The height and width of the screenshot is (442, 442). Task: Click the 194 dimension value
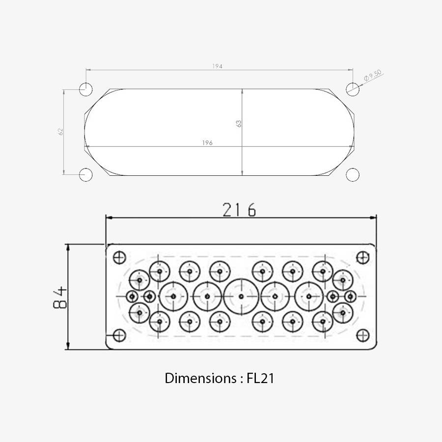[x=218, y=66]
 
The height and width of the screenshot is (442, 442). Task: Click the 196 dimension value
[x=207, y=143]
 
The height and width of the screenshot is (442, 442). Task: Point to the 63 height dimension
[x=239, y=123]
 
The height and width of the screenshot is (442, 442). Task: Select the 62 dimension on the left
[x=61, y=131]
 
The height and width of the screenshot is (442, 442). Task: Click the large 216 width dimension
[x=239, y=210]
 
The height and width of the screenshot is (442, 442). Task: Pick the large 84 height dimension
[x=60, y=297]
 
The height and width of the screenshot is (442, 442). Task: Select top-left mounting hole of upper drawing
[x=86, y=89]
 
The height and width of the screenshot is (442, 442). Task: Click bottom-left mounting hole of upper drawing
[x=86, y=174]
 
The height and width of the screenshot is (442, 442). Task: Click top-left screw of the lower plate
[x=119, y=257]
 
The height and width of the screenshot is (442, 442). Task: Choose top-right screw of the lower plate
[x=362, y=257]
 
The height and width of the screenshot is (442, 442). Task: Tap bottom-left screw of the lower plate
[x=119, y=335]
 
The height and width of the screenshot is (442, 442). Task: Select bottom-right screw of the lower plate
[x=362, y=335]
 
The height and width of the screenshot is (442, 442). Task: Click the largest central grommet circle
[x=241, y=296]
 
